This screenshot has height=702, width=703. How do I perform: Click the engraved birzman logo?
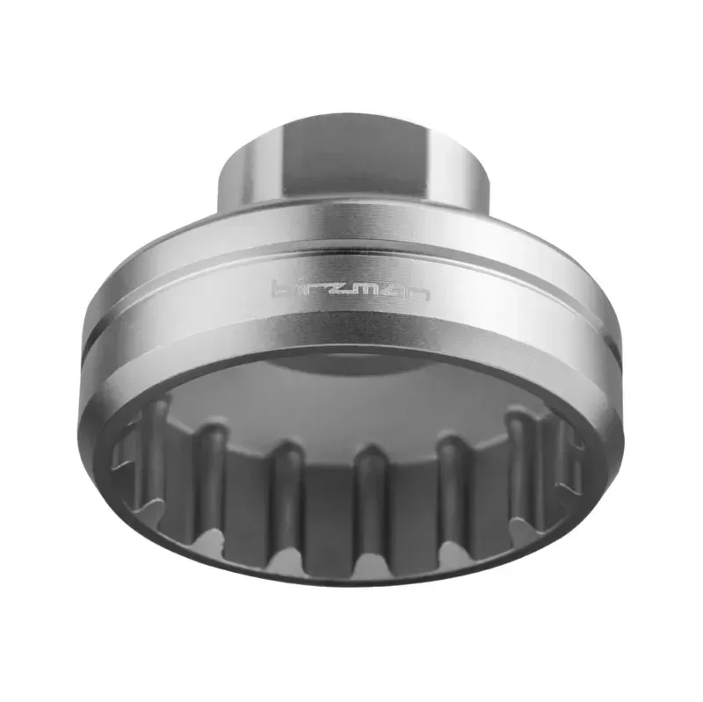pyautogui.click(x=351, y=289)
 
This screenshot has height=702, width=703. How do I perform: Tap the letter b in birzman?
pyautogui.click(x=279, y=288)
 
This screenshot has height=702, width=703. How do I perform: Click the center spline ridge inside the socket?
pyautogui.click(x=369, y=492)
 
